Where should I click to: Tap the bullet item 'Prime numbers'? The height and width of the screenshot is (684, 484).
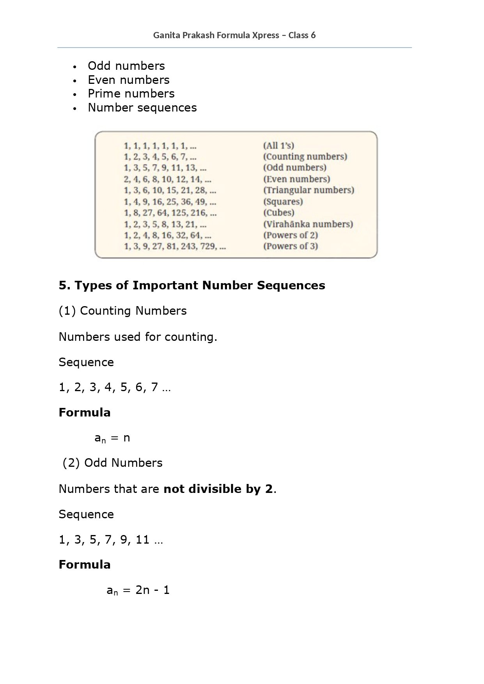coord(131,94)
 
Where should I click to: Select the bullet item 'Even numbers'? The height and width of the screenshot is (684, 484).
coord(128,80)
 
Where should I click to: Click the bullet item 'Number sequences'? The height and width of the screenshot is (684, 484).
coord(142,108)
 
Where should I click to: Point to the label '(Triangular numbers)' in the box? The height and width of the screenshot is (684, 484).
coord(308,190)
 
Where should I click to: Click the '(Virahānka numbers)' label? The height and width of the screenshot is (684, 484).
coord(308,224)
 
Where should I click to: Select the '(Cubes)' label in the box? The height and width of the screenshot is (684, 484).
coord(278,213)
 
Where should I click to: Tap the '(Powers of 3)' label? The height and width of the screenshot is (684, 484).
coord(290,246)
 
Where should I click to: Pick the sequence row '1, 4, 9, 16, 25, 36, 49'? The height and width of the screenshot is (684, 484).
coord(170,202)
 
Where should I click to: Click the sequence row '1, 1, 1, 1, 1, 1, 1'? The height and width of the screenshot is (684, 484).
coord(160,146)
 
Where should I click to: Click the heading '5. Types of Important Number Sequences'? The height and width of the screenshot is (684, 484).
coord(191,285)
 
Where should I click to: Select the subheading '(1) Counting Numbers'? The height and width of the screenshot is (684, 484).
coord(122,311)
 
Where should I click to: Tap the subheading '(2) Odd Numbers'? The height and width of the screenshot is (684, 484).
coord(112,463)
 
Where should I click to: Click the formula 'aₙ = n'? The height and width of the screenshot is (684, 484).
coord(112,438)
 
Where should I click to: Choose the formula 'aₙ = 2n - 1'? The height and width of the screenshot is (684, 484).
coord(138,590)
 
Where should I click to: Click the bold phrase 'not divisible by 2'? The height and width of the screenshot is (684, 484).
coord(218,489)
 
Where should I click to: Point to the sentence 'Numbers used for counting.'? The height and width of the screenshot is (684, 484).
coord(138,337)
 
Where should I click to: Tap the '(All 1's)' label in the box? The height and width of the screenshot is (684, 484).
coord(278,146)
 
